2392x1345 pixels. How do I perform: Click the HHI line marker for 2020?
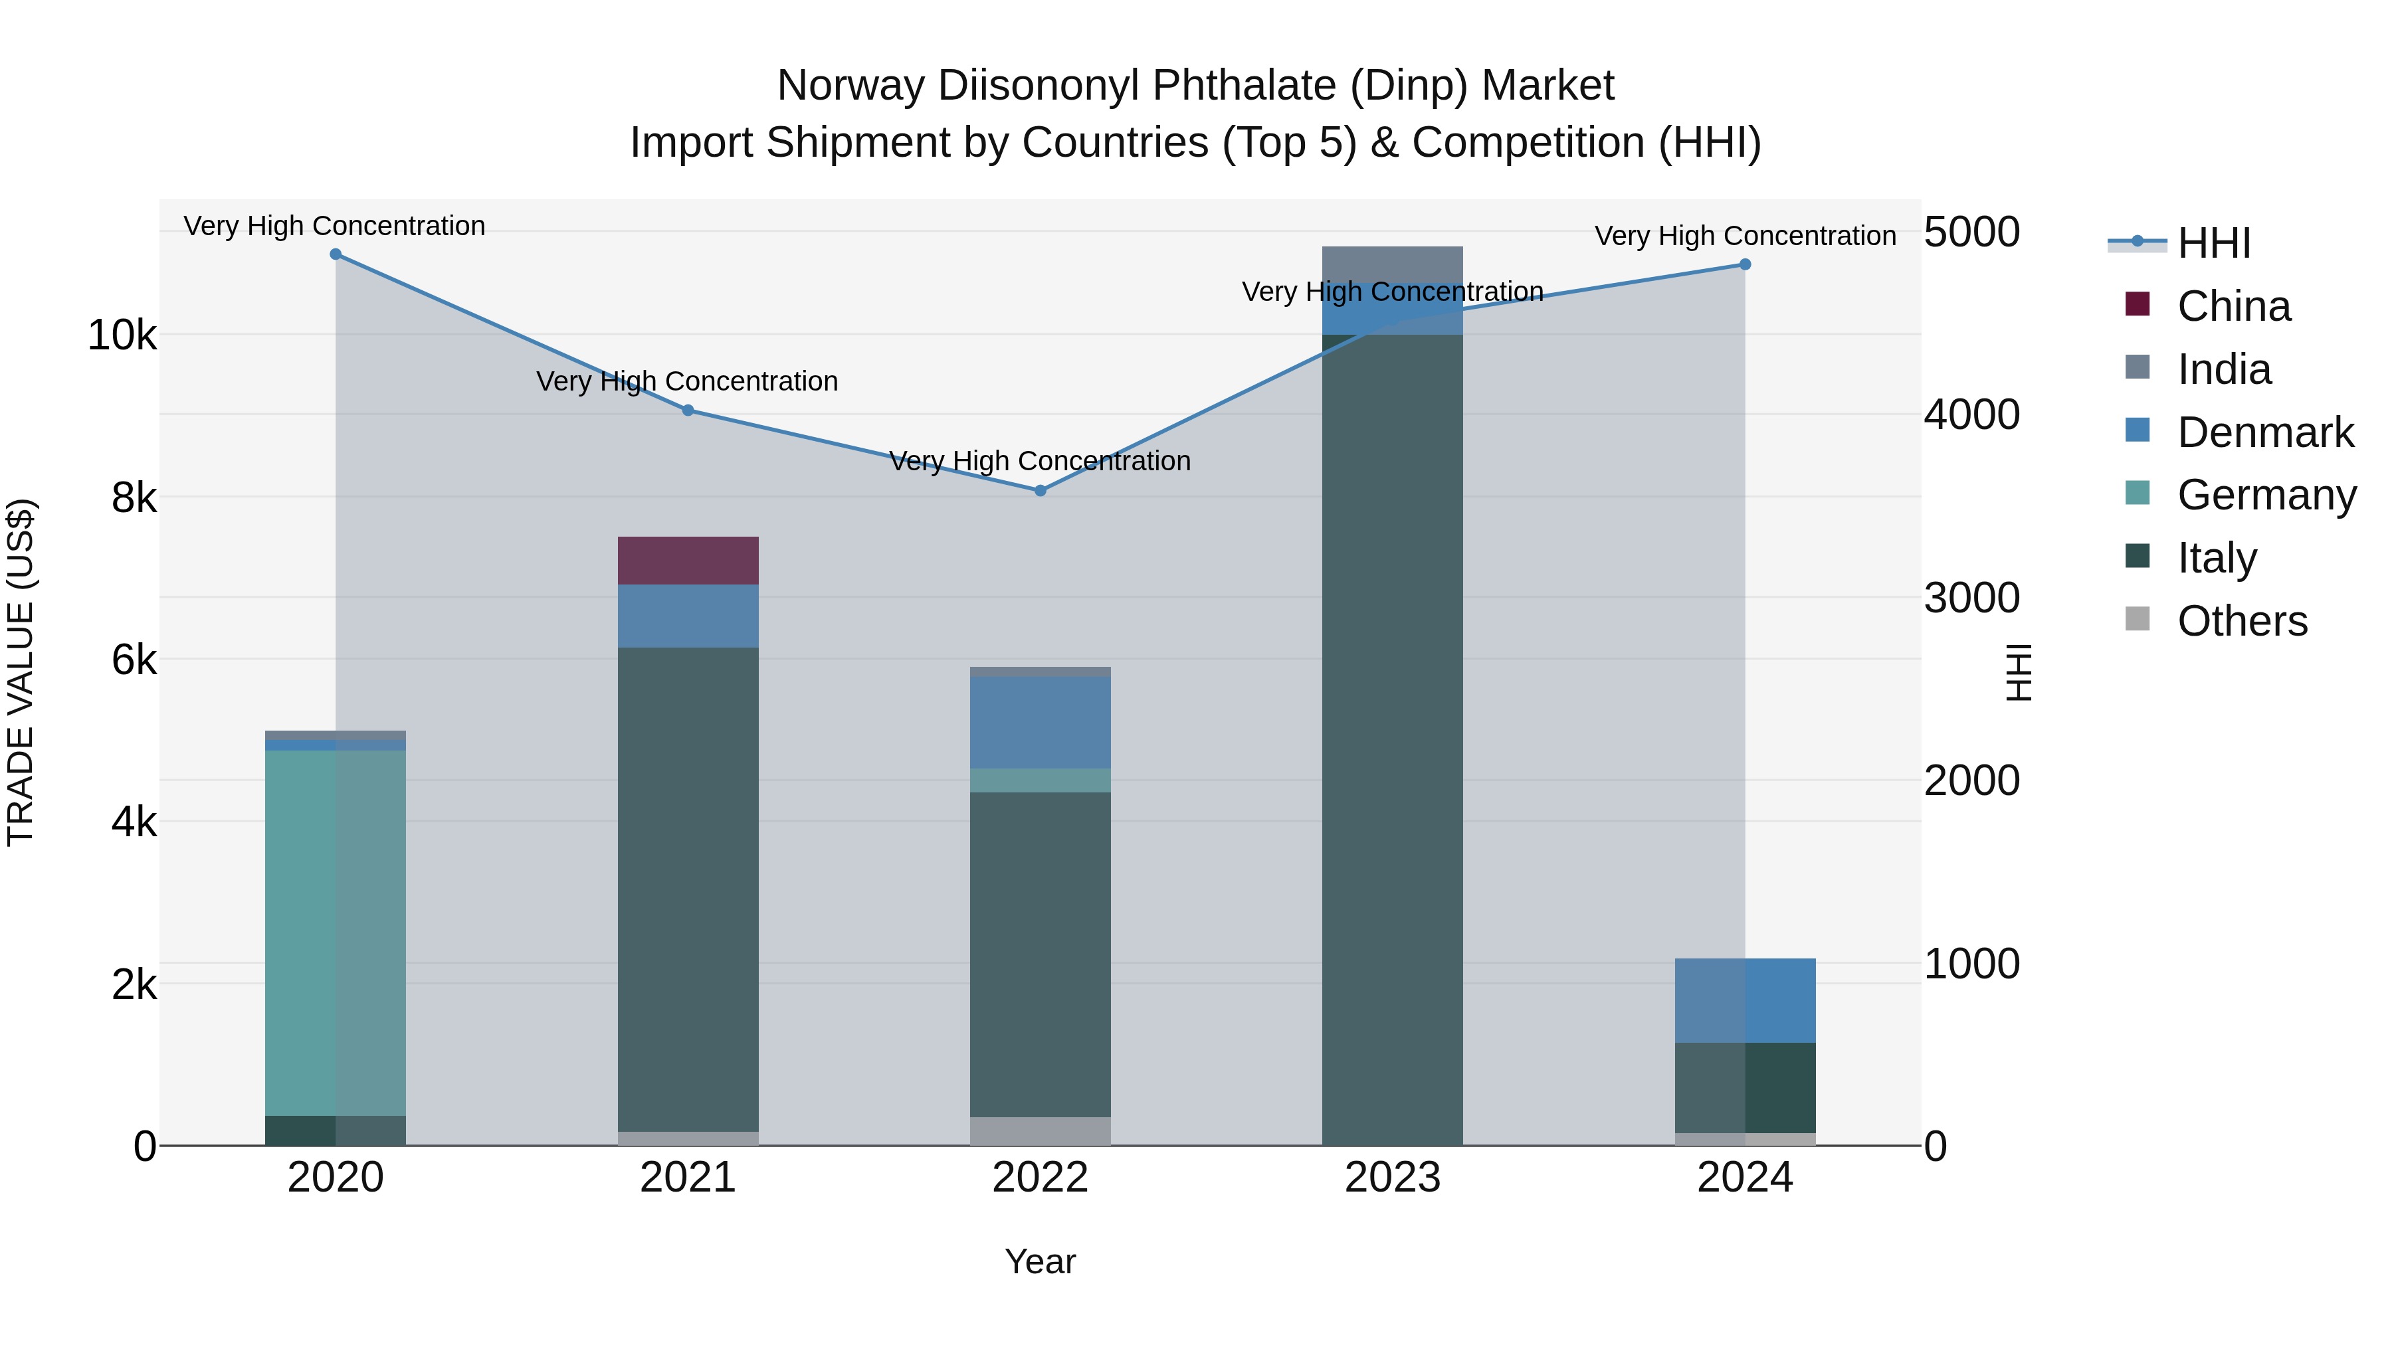336,254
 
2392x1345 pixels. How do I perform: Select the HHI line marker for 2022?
1040,490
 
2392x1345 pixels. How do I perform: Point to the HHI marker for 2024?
1745,264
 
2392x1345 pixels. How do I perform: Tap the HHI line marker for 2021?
688,410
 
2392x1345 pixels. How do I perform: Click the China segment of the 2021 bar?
688,561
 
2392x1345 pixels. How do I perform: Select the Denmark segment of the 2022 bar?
1040,722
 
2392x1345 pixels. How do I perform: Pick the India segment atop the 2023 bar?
1392,264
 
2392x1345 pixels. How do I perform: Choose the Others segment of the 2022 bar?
1040,1130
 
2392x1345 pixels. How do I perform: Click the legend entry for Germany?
2266,495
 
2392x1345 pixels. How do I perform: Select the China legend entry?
2233,306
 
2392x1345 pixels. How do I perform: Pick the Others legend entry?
2242,621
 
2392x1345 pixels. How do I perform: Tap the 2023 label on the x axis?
1392,1178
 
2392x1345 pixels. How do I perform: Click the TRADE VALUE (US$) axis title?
21,672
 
